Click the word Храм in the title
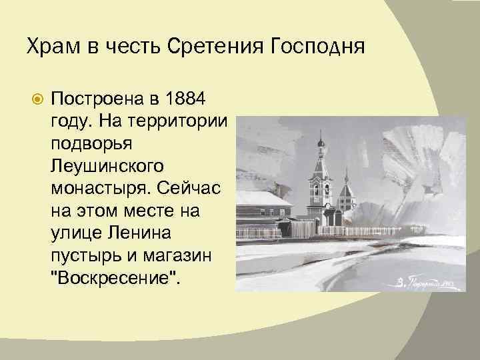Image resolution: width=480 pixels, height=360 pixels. [48, 48]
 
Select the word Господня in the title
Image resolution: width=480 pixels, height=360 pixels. [315, 48]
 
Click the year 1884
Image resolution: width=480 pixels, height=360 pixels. [185, 99]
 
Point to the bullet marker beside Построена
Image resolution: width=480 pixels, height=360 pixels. [39, 100]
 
